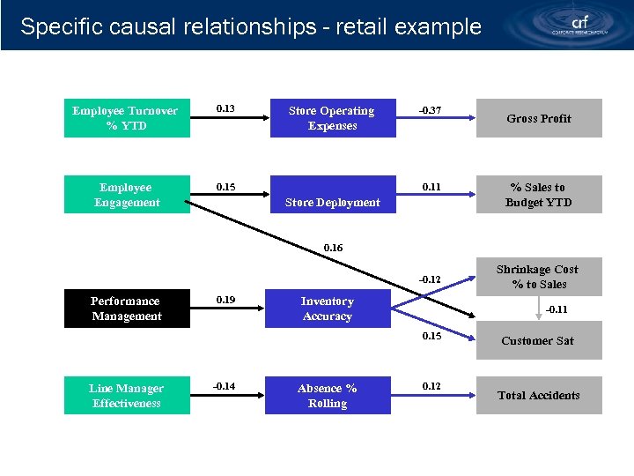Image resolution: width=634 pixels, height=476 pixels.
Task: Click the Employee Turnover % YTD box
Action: tap(127, 119)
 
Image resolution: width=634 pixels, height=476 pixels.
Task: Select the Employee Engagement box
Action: tap(127, 195)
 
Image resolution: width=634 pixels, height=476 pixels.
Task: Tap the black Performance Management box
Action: tap(127, 309)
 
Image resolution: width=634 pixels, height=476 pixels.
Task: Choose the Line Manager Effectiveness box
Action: tap(127, 396)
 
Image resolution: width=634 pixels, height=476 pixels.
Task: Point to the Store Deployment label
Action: tap(333, 203)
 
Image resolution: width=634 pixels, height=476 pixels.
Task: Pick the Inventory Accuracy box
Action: tap(328, 309)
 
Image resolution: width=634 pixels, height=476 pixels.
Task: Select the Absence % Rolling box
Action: tap(328, 396)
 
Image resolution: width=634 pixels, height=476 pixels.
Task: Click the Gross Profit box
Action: tap(539, 119)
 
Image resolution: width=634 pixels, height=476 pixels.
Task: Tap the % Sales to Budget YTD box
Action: tap(539, 195)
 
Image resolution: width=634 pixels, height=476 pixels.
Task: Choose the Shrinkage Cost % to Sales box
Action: tap(539, 277)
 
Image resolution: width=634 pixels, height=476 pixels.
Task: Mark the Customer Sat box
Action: tap(539, 341)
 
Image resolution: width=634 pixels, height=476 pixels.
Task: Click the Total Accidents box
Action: tap(539, 396)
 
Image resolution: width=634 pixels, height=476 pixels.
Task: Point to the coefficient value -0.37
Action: tap(431, 111)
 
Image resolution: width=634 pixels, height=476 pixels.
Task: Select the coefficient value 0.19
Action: tap(226, 301)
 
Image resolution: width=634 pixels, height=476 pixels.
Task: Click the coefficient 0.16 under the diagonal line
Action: tap(334, 249)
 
